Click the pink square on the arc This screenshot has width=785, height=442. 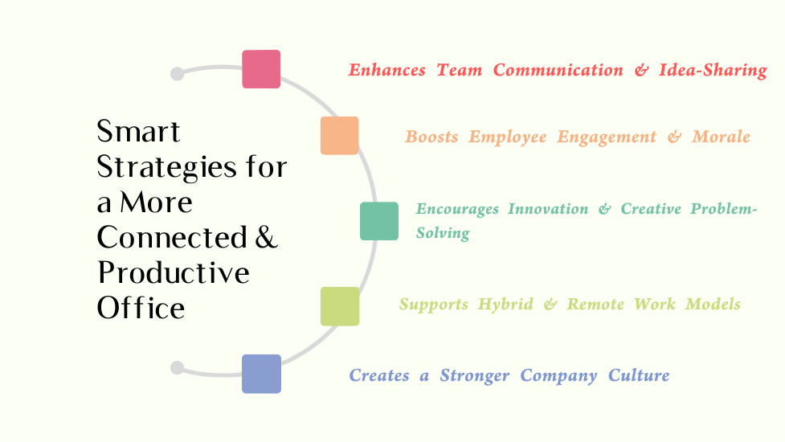point(261,69)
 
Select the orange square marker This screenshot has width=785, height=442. point(339,136)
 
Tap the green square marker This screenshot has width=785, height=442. point(379,221)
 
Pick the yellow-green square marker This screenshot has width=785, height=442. point(340,306)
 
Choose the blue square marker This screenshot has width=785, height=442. point(261,374)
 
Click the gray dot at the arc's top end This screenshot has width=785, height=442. point(178,74)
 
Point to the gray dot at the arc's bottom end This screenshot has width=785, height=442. point(178,368)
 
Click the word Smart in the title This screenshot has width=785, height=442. point(138,132)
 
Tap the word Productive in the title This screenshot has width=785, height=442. point(174,272)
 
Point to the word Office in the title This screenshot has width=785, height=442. point(141,308)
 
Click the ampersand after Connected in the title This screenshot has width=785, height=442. point(266,237)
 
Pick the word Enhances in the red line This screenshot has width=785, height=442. point(387,70)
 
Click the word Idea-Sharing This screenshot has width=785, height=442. point(713,71)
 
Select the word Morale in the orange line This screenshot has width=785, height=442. point(721,137)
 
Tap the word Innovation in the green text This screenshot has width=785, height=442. point(548,209)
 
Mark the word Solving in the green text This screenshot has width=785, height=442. point(443,233)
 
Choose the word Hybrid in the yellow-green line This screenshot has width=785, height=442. point(505,305)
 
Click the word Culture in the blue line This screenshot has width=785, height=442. point(639,375)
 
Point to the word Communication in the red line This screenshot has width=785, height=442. point(558,70)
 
